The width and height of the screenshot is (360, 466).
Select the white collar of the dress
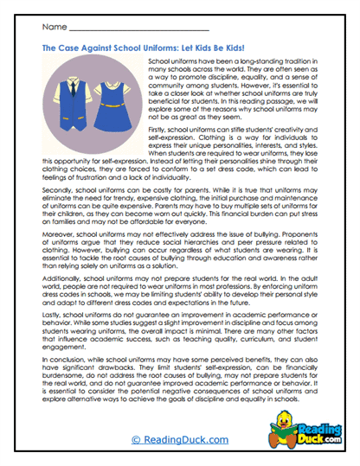coord(112,87)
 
